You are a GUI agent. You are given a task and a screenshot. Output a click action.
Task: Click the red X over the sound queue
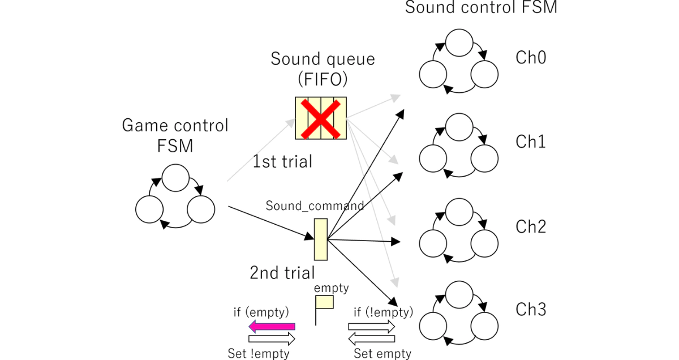click(x=320, y=119)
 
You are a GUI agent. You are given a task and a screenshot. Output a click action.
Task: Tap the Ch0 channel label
click(x=531, y=57)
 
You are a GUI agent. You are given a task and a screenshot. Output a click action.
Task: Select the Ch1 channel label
click(x=531, y=142)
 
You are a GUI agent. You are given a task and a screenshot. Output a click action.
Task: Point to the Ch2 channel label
click(x=531, y=226)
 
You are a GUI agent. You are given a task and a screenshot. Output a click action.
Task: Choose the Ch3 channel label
click(x=531, y=310)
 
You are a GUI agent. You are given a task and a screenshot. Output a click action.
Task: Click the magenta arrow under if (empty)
click(x=272, y=327)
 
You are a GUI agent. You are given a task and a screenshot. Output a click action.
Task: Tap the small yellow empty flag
click(x=324, y=302)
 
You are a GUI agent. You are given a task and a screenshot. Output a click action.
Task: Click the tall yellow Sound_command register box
click(x=321, y=239)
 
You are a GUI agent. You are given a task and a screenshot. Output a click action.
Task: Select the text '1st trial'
click(x=282, y=161)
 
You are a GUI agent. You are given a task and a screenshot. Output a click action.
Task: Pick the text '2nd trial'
click(x=282, y=273)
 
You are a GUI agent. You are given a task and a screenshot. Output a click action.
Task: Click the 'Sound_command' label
click(x=315, y=205)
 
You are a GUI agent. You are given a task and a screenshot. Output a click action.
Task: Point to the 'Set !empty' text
click(x=259, y=354)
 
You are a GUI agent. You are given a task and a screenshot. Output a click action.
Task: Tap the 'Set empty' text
click(x=383, y=354)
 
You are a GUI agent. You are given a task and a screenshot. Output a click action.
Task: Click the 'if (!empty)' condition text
click(x=383, y=312)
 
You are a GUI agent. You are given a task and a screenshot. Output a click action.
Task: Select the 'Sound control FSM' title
click(x=481, y=7)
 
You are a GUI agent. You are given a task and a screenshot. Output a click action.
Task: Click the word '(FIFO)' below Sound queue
click(x=323, y=79)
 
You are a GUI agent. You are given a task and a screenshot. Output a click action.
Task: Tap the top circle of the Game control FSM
click(x=175, y=178)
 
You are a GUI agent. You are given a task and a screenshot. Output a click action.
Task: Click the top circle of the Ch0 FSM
click(x=459, y=43)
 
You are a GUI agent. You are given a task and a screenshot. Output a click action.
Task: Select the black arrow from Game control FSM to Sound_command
click(x=271, y=223)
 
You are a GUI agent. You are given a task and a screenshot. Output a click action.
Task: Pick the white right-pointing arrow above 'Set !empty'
click(x=272, y=338)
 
